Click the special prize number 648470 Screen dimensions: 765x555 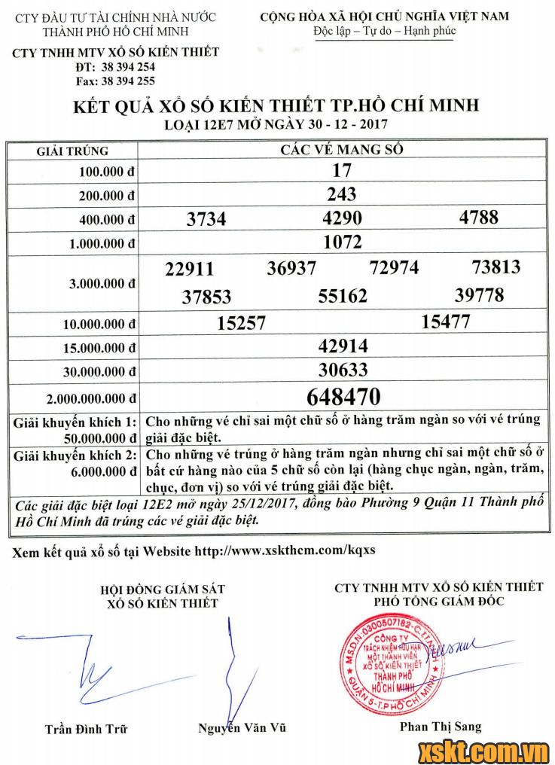(344, 396)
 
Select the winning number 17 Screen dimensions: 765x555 (342, 171)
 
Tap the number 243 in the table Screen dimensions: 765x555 (342, 194)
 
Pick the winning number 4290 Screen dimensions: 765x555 (342, 218)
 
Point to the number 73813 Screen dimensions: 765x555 (496, 267)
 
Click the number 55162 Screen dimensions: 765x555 (343, 296)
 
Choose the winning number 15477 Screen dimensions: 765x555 (446, 322)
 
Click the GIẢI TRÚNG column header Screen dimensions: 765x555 (73, 151)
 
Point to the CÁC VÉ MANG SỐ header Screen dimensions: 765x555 (342, 149)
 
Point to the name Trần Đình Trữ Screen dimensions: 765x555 (86, 728)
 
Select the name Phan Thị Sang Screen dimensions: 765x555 (441, 727)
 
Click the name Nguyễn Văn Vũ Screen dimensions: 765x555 (242, 728)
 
